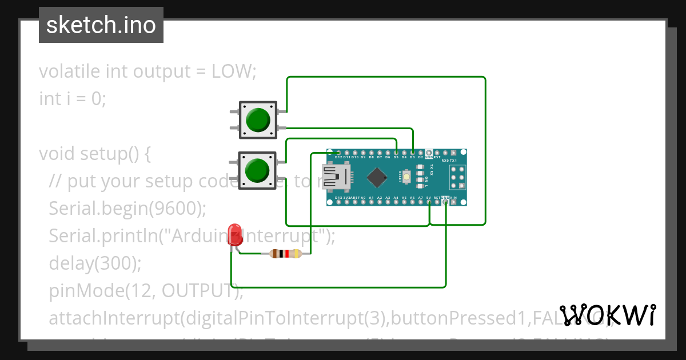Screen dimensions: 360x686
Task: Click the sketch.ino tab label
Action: pyautogui.click(x=101, y=25)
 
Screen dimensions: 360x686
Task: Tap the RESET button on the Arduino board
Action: pyautogui.click(x=406, y=177)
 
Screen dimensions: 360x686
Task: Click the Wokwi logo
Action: pyautogui.click(x=608, y=315)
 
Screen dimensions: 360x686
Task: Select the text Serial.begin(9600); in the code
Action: pyautogui.click(x=127, y=209)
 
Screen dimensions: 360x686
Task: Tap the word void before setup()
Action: pyautogui.click(x=57, y=154)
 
